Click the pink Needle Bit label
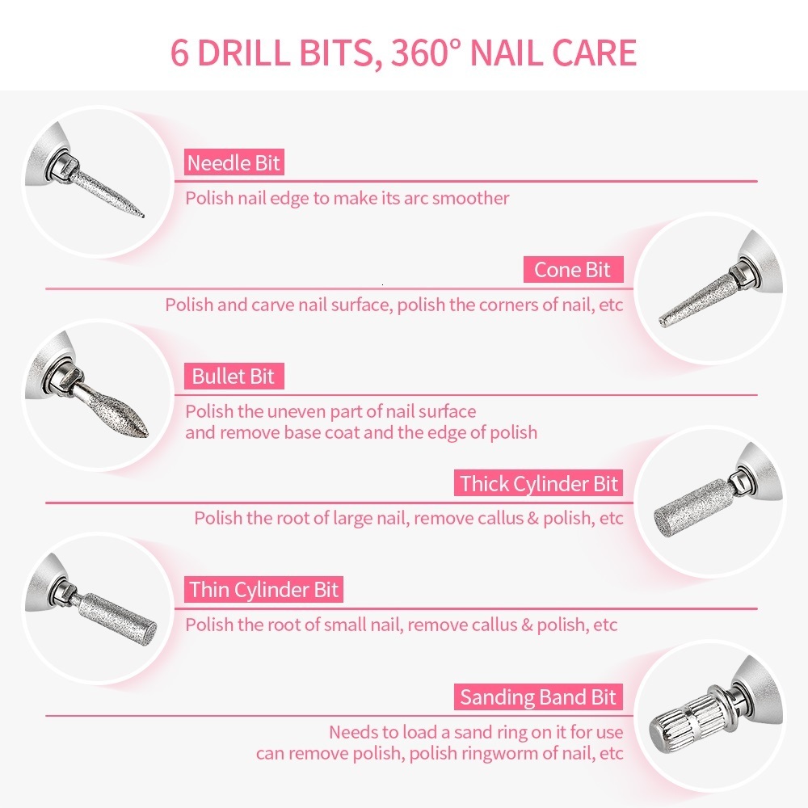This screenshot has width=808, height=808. coord(234,163)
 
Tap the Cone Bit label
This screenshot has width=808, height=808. coord(572,270)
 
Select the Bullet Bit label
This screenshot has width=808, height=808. coord(233,377)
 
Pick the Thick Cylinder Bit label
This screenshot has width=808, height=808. coord(539,484)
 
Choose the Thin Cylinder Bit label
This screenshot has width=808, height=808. coord(264,590)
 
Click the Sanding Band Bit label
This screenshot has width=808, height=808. coord(538,697)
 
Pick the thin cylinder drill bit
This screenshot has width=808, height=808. coord(121,618)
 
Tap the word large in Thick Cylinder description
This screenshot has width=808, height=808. coord(355,518)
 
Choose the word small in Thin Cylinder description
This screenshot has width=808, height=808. coord(346,625)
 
